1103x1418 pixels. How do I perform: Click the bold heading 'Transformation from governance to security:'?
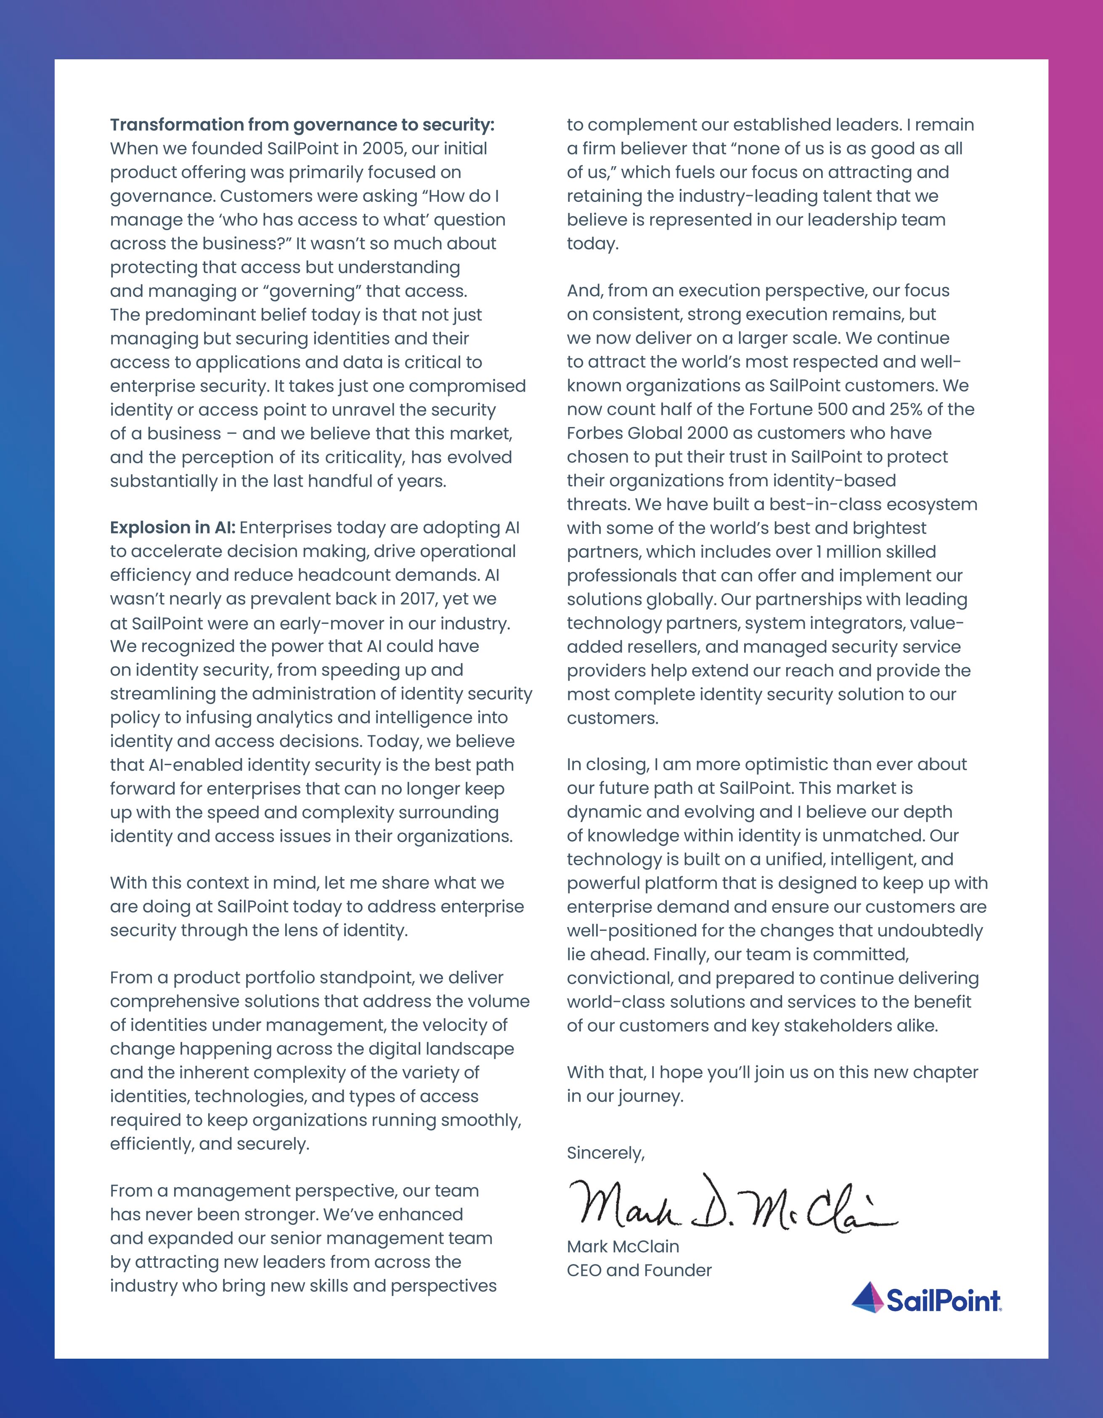pos(302,125)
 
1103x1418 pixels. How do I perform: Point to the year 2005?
pos(384,148)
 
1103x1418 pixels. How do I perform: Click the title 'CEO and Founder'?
pos(639,1270)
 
